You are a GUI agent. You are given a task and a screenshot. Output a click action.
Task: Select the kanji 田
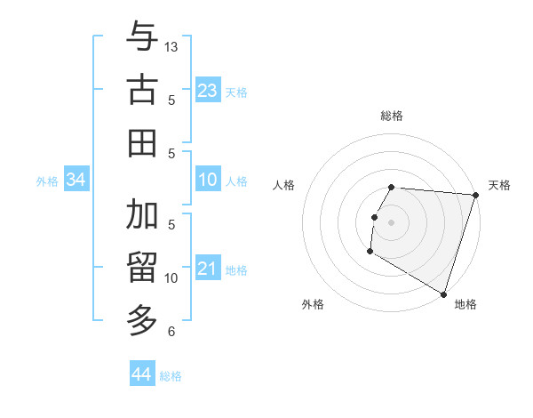coord(142,142)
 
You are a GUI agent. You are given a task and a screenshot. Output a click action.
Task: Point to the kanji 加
coord(142,214)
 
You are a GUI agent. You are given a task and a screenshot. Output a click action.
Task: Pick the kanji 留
coord(142,267)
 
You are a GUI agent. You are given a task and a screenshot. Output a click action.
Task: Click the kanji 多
coord(142,318)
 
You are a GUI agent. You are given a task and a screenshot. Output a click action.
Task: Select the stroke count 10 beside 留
coord(171,278)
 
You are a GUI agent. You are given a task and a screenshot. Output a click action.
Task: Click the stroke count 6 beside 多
coord(171,332)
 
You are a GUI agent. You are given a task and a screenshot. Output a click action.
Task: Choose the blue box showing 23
coord(207,90)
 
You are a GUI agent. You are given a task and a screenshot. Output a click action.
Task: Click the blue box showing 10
coord(207,180)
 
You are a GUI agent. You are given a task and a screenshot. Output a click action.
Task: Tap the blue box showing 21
coord(207,269)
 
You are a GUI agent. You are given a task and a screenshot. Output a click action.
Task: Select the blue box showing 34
coord(76,180)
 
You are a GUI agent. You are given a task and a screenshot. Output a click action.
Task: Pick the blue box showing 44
coord(141,374)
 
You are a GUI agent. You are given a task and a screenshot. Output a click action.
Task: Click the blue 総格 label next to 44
coord(171,376)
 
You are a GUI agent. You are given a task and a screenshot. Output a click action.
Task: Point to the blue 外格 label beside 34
coord(47,181)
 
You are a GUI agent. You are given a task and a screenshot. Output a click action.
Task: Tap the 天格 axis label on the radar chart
coord(499,185)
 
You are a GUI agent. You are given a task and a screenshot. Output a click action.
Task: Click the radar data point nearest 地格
coord(443,293)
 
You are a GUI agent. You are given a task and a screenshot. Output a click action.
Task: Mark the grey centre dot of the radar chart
coord(391,221)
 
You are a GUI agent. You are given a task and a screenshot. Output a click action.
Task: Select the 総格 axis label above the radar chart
coord(391,116)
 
